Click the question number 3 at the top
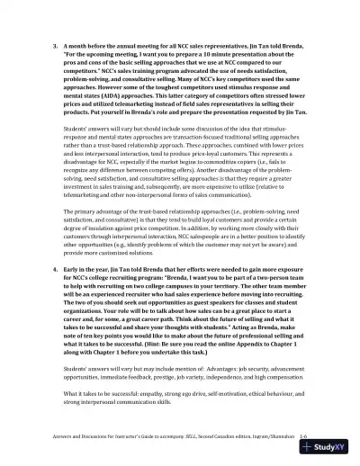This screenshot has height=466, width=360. click(x=55, y=43)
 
